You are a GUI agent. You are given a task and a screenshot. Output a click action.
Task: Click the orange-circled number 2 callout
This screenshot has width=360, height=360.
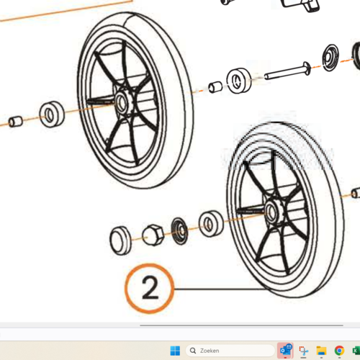[x=149, y=288]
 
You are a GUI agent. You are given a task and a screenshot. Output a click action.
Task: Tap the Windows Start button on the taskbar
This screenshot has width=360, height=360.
[x=175, y=351]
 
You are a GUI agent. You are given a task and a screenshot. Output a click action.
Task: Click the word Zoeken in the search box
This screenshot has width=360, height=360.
[x=210, y=351]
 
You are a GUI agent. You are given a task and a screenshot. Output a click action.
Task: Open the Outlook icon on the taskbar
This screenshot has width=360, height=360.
[x=286, y=351]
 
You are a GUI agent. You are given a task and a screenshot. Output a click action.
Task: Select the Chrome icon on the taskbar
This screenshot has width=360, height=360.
[x=339, y=351]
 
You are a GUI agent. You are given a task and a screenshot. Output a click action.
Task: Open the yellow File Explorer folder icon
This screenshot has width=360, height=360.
[x=321, y=351]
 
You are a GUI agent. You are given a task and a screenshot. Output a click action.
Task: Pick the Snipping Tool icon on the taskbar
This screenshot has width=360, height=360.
[x=303, y=351]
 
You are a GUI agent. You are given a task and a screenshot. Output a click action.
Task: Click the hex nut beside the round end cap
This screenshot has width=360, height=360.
[x=153, y=235]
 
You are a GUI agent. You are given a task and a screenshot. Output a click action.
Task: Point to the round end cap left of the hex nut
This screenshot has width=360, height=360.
[x=120, y=240]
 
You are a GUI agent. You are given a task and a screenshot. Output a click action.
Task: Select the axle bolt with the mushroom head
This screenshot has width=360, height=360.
[x=288, y=71]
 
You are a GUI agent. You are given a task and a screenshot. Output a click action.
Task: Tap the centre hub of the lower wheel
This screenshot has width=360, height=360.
[x=272, y=212]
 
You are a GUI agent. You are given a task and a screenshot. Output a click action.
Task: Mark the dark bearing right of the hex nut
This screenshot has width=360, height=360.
[x=179, y=230]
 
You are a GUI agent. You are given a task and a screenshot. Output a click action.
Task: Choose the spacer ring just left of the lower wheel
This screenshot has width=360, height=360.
[x=211, y=223]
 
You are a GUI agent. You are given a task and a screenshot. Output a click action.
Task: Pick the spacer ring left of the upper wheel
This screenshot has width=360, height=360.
[x=52, y=114]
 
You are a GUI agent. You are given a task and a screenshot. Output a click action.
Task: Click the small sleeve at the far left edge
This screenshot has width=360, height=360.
[x=16, y=122]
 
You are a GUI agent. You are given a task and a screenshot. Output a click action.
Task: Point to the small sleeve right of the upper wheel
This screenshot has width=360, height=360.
[x=215, y=87]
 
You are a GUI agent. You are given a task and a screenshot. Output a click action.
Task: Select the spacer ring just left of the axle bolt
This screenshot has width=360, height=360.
[x=239, y=81]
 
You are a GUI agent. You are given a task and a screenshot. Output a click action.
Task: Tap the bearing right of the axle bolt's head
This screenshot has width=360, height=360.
[x=330, y=58]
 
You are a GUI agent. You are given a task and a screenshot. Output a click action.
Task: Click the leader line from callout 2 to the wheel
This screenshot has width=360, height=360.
[x=221, y=289]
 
